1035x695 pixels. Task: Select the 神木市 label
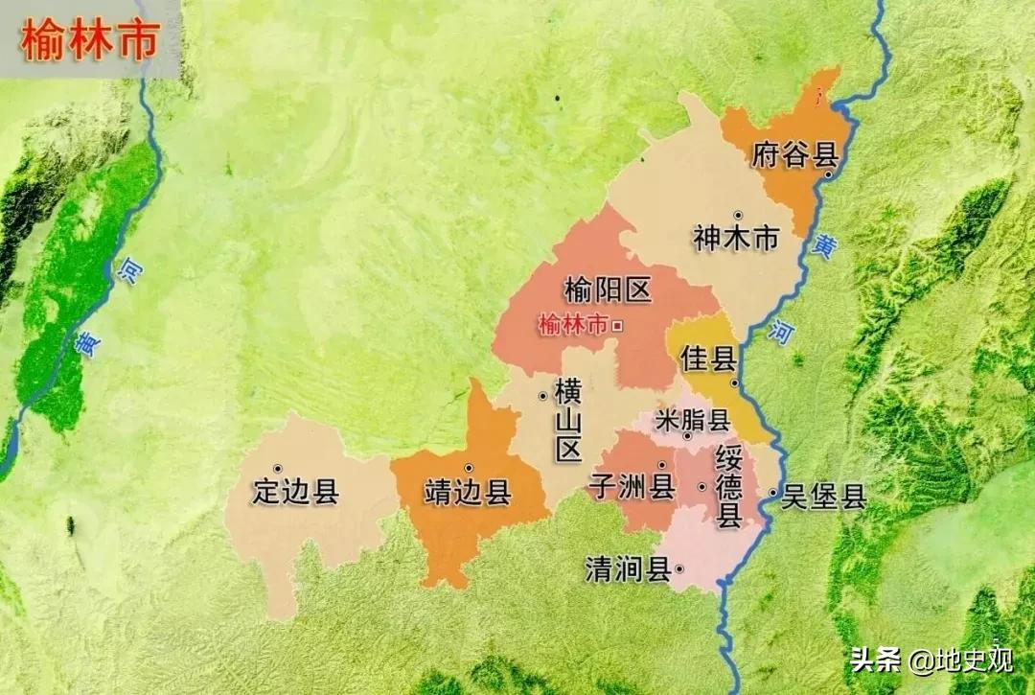tap(736, 239)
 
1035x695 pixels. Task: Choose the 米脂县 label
tap(692, 419)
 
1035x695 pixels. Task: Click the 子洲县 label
tap(632, 487)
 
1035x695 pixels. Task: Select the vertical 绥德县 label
tap(729, 486)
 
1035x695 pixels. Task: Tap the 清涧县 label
tap(628, 570)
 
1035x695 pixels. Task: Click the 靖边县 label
tap(468, 493)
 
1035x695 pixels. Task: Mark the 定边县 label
tap(295, 492)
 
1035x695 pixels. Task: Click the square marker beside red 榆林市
tap(617, 326)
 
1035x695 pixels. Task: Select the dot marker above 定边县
tap(278, 468)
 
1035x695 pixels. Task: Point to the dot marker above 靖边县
tap(469, 468)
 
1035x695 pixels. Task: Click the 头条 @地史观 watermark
tap(930, 660)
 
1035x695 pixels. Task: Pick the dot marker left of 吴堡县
tap(773, 495)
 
